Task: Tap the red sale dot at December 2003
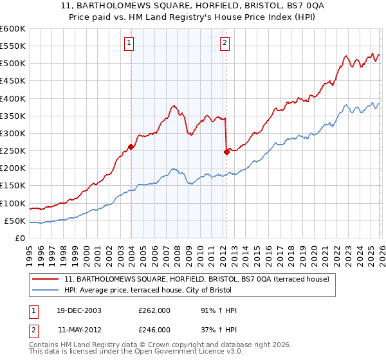coord(131,147)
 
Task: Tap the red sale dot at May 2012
coord(226,152)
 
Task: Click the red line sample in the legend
coord(47,279)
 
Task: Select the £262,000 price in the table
coord(154,310)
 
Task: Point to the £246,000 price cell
coord(154,329)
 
